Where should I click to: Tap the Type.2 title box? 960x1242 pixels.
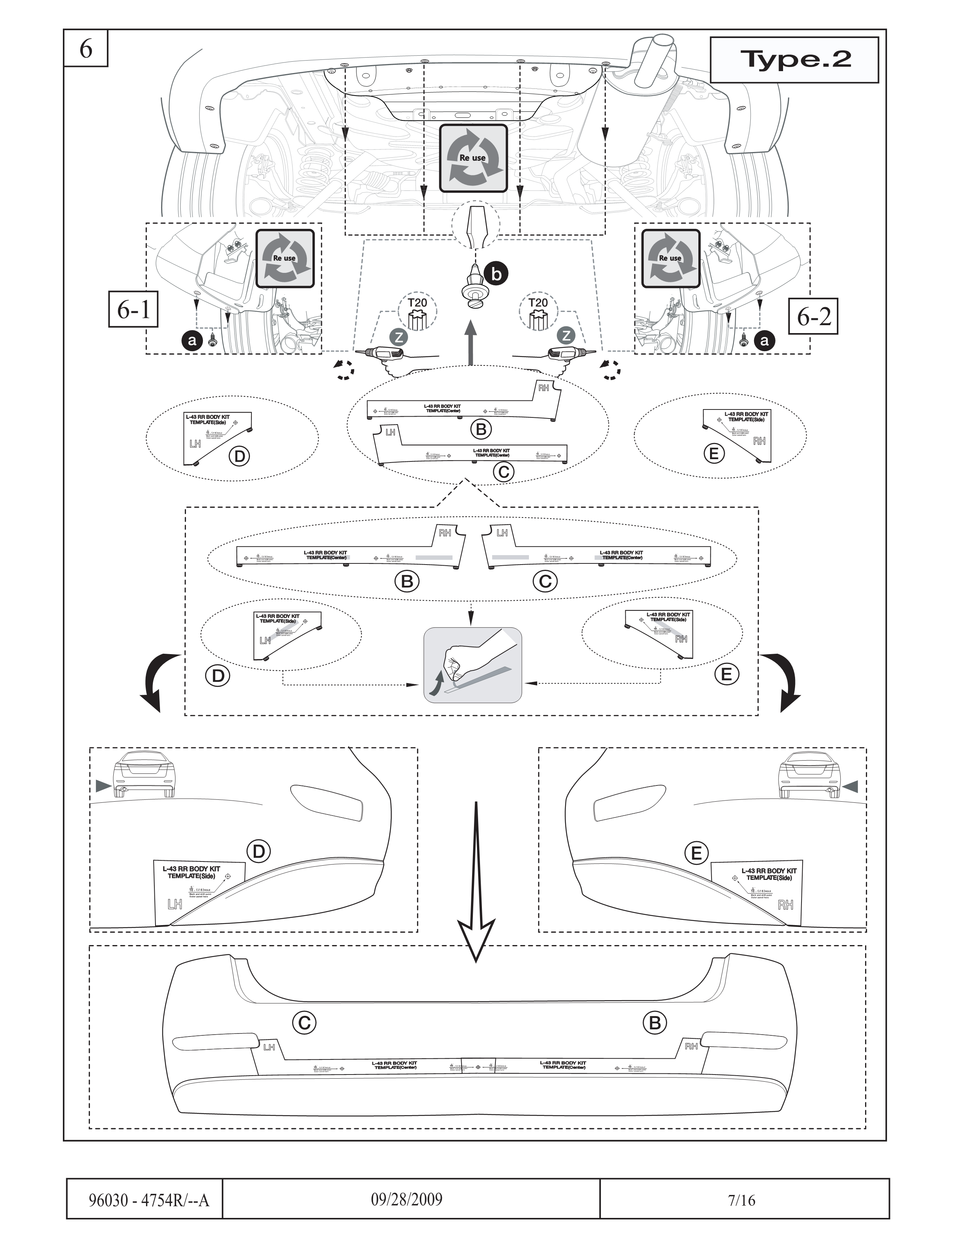(794, 60)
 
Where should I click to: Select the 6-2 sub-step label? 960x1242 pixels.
(814, 316)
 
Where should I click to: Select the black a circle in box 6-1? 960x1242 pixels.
(192, 341)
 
